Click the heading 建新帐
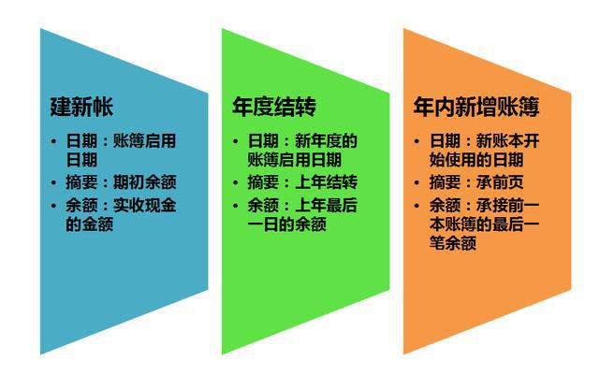click(81, 106)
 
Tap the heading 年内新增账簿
click(476, 106)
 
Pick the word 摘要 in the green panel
click(262, 182)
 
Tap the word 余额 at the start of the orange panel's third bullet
click(444, 205)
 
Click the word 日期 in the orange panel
click(444, 141)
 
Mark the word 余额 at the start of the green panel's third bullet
click(262, 205)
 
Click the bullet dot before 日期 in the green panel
click(238, 142)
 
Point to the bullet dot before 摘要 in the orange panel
click(419, 183)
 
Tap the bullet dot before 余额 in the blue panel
click(56, 206)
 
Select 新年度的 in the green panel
click(327, 141)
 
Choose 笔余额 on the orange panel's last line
click(454, 246)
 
